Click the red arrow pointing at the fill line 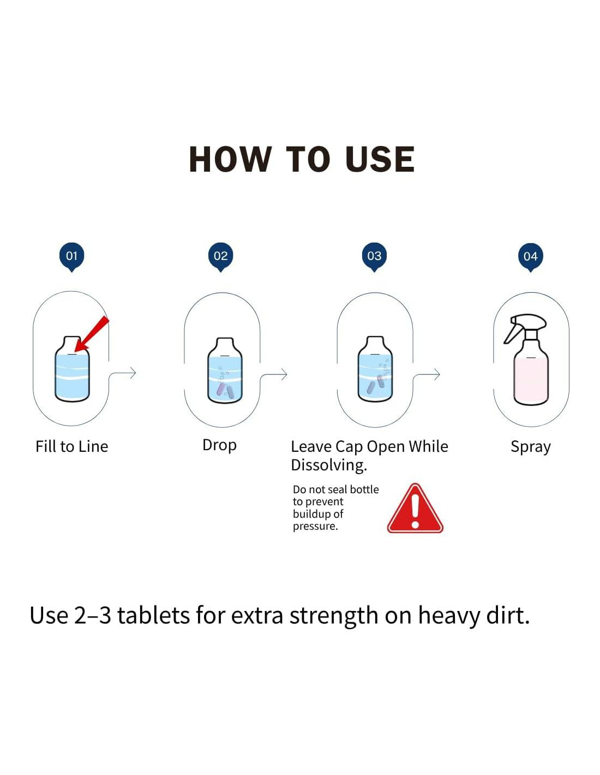(x=92, y=334)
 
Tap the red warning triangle (x=415, y=508)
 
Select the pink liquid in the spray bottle (x=531, y=382)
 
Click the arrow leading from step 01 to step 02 (x=122, y=373)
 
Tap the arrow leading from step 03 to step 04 (x=427, y=374)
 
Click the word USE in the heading (x=380, y=160)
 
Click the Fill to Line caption (x=72, y=446)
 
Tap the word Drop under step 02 (x=219, y=446)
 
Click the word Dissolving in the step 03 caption (x=329, y=466)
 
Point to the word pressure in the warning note (x=315, y=526)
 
